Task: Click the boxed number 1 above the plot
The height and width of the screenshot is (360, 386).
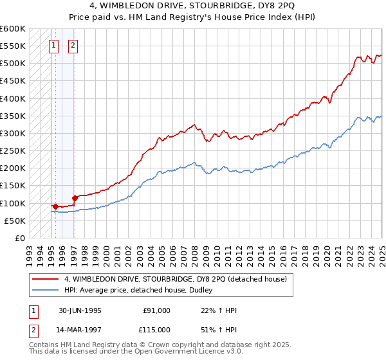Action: tap(54, 46)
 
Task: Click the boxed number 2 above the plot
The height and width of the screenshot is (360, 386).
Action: tap(73, 46)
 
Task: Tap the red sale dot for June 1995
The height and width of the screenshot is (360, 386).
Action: tap(55, 206)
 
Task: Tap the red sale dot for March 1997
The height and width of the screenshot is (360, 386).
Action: tap(75, 198)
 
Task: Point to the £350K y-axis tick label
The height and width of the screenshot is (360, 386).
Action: tap(13, 116)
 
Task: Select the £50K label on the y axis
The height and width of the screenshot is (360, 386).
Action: tap(15, 221)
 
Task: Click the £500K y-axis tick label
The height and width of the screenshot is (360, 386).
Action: tap(13, 64)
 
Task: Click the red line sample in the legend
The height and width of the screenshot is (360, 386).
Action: tap(45, 279)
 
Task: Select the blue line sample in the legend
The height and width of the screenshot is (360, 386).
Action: tap(45, 290)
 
